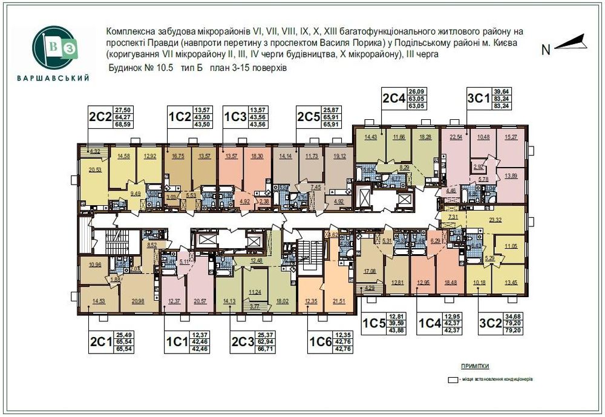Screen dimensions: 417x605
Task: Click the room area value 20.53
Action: [x=94, y=171]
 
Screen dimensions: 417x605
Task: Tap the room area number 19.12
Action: [x=339, y=156]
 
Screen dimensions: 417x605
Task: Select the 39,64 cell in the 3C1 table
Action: [x=502, y=91]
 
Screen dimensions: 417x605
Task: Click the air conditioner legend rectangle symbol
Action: [x=451, y=380]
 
